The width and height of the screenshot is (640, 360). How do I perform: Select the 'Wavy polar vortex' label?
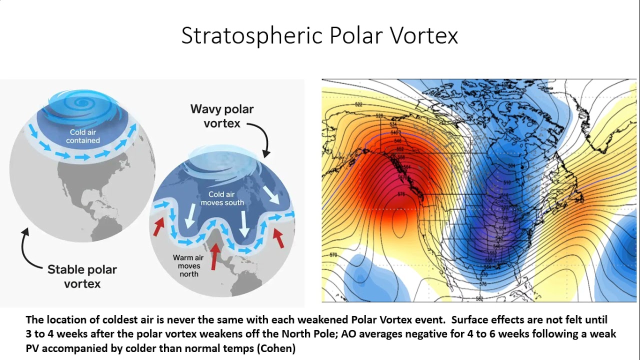click(x=222, y=116)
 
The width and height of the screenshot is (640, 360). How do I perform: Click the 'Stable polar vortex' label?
click(x=82, y=276)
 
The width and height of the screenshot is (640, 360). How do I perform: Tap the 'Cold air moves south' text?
click(x=222, y=198)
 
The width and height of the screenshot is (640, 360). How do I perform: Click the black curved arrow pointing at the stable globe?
click(x=29, y=250)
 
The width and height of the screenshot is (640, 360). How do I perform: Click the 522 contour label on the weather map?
click(x=358, y=104)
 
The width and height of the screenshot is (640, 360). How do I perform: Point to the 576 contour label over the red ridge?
click(x=400, y=194)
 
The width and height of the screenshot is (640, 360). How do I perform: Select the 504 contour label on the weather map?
click(x=511, y=165)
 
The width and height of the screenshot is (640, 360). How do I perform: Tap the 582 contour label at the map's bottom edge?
click(x=479, y=298)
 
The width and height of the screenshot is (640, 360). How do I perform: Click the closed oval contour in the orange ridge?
click(x=398, y=223)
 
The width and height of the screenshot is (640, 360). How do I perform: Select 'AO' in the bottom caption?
click(x=327, y=333)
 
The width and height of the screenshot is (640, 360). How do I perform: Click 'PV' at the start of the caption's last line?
click(x=33, y=348)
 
